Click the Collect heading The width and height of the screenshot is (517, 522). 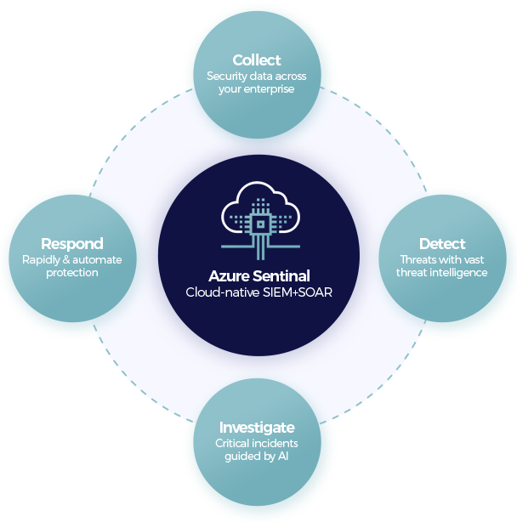pos(257,60)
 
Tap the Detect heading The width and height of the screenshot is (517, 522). pos(442,244)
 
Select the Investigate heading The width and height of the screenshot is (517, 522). pos(257,428)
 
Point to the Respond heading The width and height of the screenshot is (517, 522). pos(72,244)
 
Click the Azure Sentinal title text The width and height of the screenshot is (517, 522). pos(259,276)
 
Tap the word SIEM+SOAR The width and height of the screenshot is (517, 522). pos(298,292)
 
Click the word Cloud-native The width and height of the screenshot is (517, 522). pos(223,292)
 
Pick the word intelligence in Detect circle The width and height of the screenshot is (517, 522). pos(458,273)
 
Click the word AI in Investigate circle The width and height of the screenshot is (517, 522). pos(283,456)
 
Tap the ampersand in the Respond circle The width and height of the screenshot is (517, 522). pos(66,259)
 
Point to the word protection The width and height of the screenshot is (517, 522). pos(72,273)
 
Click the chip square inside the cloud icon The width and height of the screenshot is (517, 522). pos(260,224)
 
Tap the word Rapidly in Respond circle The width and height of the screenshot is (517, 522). pos(41,260)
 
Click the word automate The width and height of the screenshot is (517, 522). pos(97,260)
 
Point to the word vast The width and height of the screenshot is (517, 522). pos(474,259)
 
